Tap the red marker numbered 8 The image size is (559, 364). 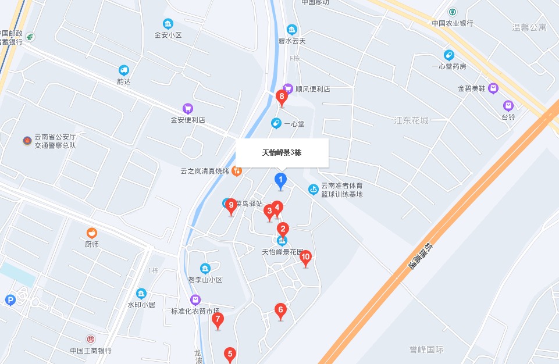coord(282,97)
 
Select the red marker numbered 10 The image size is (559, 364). coord(305,257)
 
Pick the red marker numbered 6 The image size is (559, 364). coord(280,310)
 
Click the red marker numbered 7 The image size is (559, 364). coord(218,319)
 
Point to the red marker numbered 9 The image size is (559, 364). coord(231,205)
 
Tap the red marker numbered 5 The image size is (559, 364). coord(230,354)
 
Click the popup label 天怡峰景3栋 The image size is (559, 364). coord(282,153)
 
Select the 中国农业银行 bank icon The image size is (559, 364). coord(453,12)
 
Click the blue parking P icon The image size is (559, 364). coord(9,300)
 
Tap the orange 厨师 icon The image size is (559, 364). coord(91,233)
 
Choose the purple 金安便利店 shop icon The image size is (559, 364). coord(187,108)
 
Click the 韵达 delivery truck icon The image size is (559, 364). coord(123,70)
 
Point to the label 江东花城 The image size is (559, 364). coord(411,120)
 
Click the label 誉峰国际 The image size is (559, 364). coord(426,349)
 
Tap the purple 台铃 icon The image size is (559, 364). coord(508,106)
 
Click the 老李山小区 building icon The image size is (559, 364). coord(205,269)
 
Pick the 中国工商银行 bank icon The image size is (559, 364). coord(91,339)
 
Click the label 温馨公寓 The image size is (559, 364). coord(529,27)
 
